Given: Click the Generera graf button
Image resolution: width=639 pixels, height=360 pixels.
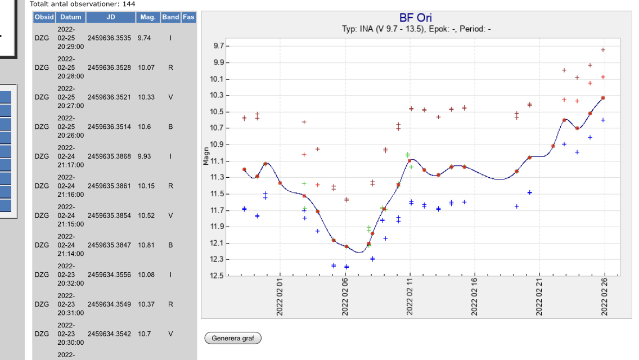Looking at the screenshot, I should [x=232, y=338].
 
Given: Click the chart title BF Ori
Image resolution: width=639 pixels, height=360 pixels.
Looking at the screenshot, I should [x=416, y=19].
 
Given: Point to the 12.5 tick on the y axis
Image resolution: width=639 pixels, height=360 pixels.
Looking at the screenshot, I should [x=217, y=276].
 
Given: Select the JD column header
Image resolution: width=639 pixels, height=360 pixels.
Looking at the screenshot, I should [x=110, y=17].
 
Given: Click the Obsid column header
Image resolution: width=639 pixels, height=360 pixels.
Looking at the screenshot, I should [x=44, y=17].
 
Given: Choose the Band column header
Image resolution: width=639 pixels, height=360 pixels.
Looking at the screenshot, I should [x=170, y=17].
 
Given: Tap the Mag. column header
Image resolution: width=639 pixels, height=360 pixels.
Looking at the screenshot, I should [x=148, y=17].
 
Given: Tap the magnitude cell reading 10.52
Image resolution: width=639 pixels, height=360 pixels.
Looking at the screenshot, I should [x=146, y=215].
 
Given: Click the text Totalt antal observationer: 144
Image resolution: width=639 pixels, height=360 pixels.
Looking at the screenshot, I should [x=83, y=4].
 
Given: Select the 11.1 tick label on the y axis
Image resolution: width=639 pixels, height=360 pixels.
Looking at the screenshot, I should [x=217, y=161].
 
